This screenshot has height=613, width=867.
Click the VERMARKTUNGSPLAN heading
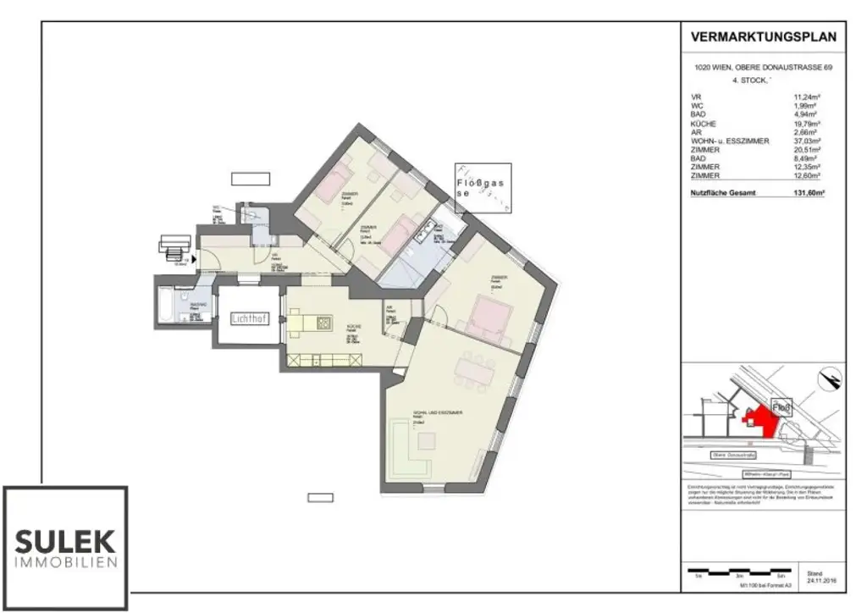tap(763, 36)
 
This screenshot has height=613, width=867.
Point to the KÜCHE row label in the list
tap(704, 124)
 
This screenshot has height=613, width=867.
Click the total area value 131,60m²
tap(807, 193)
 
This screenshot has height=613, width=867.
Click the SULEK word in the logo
tap(65, 540)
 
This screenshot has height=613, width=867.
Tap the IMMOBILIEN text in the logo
tap(65, 563)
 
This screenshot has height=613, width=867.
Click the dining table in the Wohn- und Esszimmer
tap(475, 369)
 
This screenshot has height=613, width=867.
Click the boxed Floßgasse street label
tap(483, 186)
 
